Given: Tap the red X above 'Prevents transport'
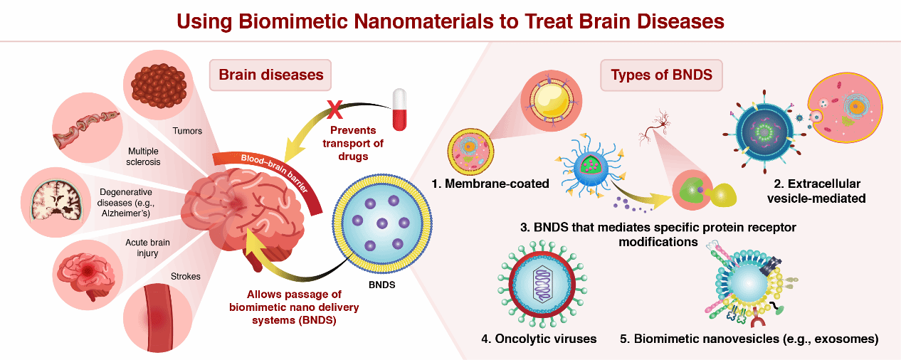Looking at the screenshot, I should tap(334, 110).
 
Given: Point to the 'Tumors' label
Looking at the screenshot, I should tap(188, 130).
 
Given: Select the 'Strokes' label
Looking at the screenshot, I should tap(186, 276).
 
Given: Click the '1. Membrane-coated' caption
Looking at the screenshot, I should tap(490, 184).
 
